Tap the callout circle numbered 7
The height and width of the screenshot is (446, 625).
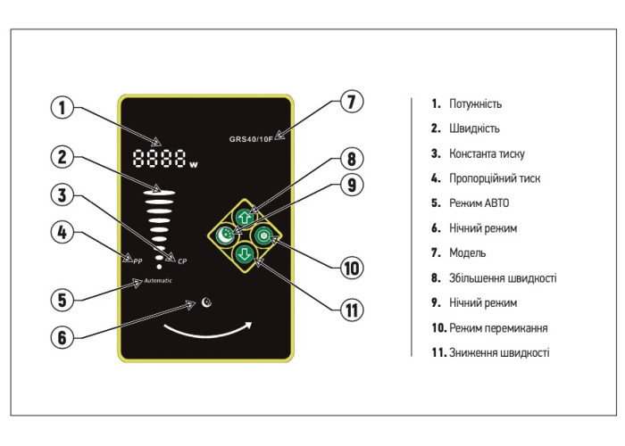(x=352, y=102)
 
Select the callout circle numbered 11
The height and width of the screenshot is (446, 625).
(x=352, y=310)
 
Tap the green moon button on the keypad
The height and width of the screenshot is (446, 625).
(x=226, y=235)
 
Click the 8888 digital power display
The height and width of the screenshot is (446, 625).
(x=161, y=161)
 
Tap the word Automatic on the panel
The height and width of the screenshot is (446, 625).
(x=155, y=281)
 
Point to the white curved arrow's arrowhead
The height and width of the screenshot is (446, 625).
(x=249, y=324)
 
